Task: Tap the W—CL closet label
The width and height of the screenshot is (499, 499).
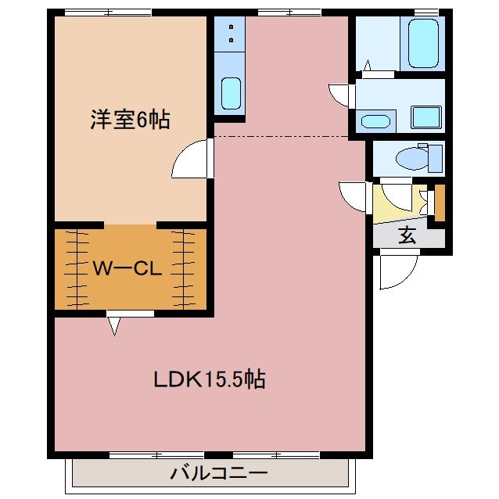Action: pos(127,269)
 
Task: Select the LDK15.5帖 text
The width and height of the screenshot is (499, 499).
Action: pos(209,380)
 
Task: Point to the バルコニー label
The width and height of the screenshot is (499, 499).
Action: pos(219,473)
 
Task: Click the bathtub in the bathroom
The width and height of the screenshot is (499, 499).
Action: pos(422,43)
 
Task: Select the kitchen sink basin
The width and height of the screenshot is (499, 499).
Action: pos(230,93)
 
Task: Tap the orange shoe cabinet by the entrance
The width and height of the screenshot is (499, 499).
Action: pos(440,201)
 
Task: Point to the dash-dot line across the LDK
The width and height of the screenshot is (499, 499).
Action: pos(282,136)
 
